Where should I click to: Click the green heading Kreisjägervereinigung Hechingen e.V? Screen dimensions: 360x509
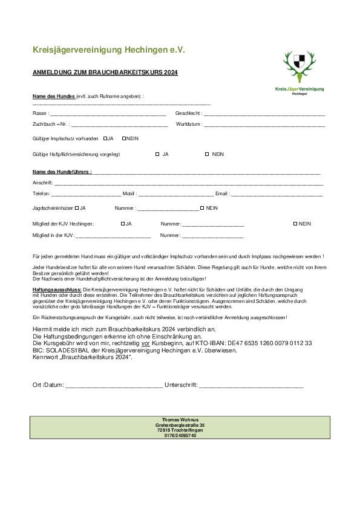[x=108, y=49]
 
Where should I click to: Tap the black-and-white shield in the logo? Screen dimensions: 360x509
[x=299, y=61]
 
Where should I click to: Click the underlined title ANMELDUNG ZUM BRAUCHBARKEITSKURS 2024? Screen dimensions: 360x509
[x=105, y=73]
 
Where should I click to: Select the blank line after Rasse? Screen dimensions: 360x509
[x=108, y=114]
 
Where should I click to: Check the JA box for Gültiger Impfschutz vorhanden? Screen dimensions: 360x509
[x=105, y=138]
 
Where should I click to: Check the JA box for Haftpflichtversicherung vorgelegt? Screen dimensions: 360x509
[x=157, y=154]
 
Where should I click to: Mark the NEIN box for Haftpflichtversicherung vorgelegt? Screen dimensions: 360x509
[x=207, y=154]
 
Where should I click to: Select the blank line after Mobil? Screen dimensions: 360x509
[x=175, y=195]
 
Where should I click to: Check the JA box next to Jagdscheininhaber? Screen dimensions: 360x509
[x=77, y=208]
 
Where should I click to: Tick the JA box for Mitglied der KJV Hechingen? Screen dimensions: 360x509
[x=123, y=224]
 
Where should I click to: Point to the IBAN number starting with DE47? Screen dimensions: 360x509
[x=270, y=343]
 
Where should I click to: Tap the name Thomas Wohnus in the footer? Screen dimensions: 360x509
[x=180, y=420]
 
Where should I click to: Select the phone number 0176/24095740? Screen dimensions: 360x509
[x=180, y=435]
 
